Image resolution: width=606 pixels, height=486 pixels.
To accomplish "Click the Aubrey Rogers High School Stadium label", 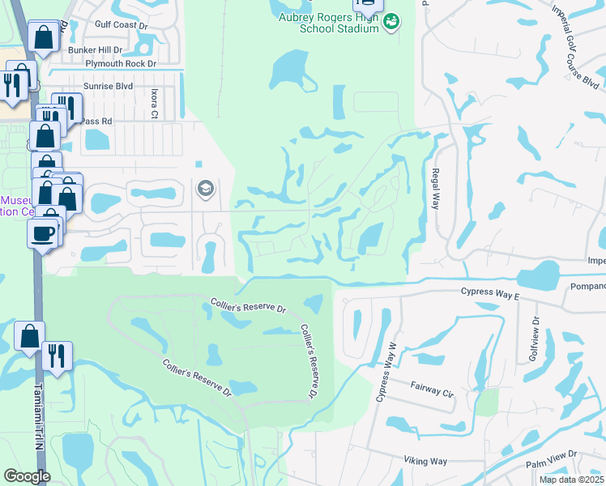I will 328,23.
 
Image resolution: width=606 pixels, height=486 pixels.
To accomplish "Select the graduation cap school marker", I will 205,190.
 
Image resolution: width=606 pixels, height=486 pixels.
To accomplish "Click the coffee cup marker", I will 41,234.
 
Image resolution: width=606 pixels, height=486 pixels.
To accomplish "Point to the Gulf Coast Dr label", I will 122,25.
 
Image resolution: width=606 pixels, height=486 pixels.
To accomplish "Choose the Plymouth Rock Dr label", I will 122,62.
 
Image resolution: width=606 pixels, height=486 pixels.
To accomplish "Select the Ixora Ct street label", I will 154,104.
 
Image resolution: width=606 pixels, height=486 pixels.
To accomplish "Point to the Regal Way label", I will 435,189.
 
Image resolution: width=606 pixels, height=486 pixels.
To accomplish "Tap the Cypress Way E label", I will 489,292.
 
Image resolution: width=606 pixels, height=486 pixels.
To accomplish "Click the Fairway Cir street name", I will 432,390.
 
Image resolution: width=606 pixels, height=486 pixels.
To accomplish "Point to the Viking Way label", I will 425,461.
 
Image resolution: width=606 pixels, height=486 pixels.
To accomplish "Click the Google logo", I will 27,476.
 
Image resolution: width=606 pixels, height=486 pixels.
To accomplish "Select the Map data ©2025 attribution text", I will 572,480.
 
